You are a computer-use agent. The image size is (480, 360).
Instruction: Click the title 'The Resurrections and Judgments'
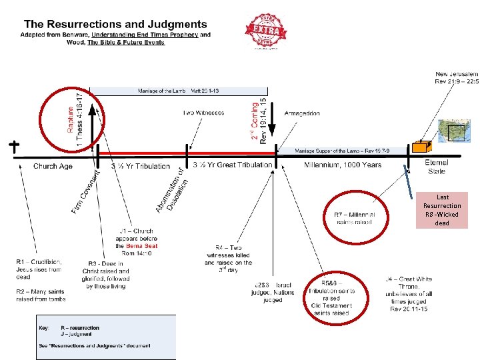pyautogui.click(x=115, y=24)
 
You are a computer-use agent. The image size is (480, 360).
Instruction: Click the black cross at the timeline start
pyautogui.click(x=13, y=147)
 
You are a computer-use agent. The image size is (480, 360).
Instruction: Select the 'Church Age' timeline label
pyautogui.click(x=53, y=166)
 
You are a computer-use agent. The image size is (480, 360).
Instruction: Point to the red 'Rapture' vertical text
pyautogui.click(x=71, y=111)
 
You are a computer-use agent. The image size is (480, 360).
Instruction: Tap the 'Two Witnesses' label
pyautogui.click(x=204, y=113)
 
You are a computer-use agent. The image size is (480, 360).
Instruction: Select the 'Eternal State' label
pyautogui.click(x=437, y=167)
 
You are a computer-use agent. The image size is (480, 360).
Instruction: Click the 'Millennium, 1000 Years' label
pyautogui.click(x=343, y=165)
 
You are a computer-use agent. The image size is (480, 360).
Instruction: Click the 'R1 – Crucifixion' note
pyautogui.click(x=39, y=265)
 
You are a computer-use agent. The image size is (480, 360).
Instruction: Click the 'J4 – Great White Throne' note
pyautogui.click(x=408, y=294)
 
